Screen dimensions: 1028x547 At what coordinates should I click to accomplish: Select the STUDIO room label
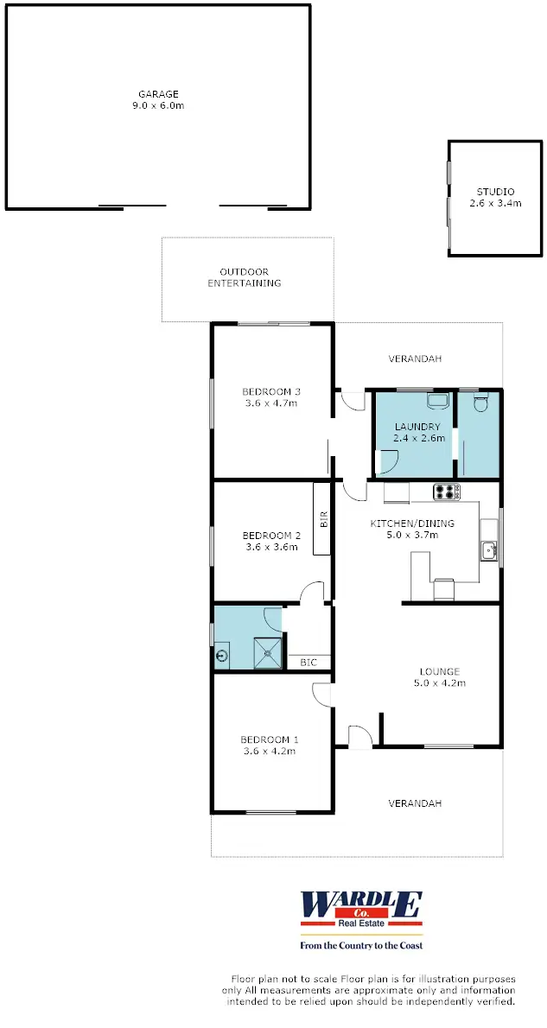click(x=495, y=192)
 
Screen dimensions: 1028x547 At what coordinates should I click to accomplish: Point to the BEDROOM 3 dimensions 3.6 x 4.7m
click(x=270, y=402)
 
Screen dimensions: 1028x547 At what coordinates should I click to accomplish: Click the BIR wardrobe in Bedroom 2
click(x=323, y=519)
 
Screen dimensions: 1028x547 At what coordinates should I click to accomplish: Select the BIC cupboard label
click(x=308, y=663)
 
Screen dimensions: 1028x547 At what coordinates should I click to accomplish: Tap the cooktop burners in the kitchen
click(x=447, y=492)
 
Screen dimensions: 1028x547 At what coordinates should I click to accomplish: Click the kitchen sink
click(x=489, y=549)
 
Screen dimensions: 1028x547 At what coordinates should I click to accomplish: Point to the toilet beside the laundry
click(x=481, y=403)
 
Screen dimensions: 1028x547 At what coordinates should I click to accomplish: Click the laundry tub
click(x=437, y=402)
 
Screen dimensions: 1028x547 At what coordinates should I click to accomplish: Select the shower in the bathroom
click(x=270, y=653)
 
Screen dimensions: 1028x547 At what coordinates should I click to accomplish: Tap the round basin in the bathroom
click(x=224, y=656)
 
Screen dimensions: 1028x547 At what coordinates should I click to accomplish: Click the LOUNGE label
click(x=440, y=671)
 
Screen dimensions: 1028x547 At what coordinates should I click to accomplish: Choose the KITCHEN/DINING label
click(x=412, y=524)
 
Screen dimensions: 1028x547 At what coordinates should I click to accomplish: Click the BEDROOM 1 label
click(x=270, y=739)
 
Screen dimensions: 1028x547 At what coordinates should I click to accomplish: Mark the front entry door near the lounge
click(x=359, y=736)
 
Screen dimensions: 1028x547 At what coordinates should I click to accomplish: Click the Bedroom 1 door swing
click(x=322, y=695)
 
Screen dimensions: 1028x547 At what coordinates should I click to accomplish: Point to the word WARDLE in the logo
click(x=360, y=904)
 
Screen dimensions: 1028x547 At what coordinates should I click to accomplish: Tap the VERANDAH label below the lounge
click(x=415, y=803)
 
